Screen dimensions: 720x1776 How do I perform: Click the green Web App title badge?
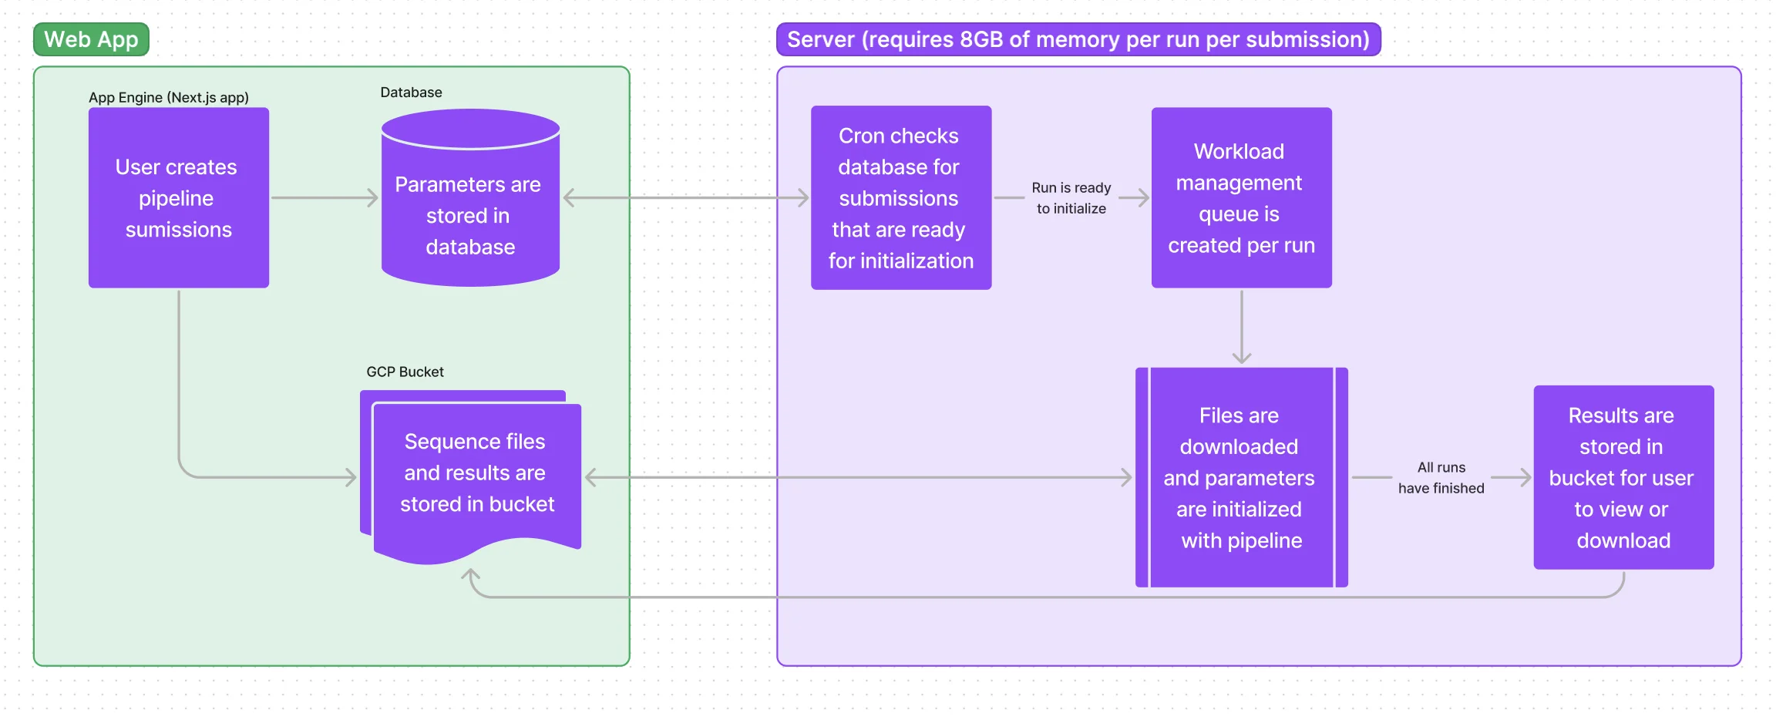coord(91,39)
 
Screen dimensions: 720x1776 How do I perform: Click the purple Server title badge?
coord(1078,39)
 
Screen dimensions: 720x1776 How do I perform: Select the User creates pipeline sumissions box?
coord(178,198)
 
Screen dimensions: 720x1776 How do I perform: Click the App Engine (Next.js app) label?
coord(168,98)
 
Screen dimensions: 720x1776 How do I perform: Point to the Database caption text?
coord(411,93)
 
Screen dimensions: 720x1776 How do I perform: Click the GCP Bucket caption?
coord(405,372)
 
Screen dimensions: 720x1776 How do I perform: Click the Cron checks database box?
coord(900,198)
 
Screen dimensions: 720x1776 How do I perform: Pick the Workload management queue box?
coord(1241,198)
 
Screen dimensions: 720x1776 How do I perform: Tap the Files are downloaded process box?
coord(1241,477)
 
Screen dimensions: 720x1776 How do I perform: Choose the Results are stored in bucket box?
coord(1623,477)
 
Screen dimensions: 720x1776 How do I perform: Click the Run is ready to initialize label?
coord(1071,198)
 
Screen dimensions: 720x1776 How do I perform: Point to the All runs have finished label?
coord(1440,477)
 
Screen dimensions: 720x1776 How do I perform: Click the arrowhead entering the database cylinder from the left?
coord(373,198)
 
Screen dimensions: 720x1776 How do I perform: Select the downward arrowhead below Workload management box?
coord(1241,358)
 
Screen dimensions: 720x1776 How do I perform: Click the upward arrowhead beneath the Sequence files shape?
coord(470,575)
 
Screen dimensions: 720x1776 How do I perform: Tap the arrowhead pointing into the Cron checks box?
coord(803,198)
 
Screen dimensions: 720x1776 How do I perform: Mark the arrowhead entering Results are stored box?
coord(1525,477)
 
